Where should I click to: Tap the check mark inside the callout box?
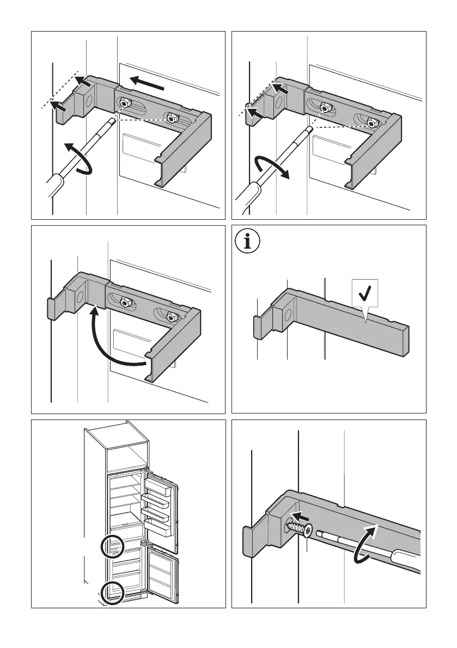tap(364, 294)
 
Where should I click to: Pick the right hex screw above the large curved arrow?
tap(172, 316)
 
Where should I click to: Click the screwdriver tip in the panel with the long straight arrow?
tap(112, 120)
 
